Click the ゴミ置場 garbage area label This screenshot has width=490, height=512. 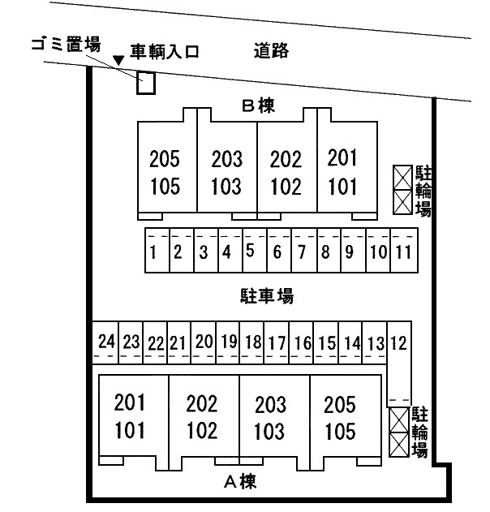pos(66,44)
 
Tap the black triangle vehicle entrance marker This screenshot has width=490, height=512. pos(118,60)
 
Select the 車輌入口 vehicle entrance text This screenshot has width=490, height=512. pos(165,52)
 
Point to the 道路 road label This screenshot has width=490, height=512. pos(271,50)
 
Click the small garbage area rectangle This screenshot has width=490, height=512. pos(145,83)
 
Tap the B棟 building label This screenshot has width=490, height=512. pos(258,105)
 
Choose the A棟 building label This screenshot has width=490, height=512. pos(240,481)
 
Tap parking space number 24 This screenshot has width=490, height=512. pos(106,342)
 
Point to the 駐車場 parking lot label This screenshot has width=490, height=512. pos(267,296)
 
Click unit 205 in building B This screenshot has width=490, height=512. pos(165,159)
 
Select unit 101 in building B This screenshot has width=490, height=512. pos(342,187)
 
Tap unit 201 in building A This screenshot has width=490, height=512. pos(129,402)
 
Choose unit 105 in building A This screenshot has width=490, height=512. pos(340,432)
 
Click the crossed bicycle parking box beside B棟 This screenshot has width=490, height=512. pos(402,190)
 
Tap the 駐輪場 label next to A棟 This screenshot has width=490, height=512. pos(419,432)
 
